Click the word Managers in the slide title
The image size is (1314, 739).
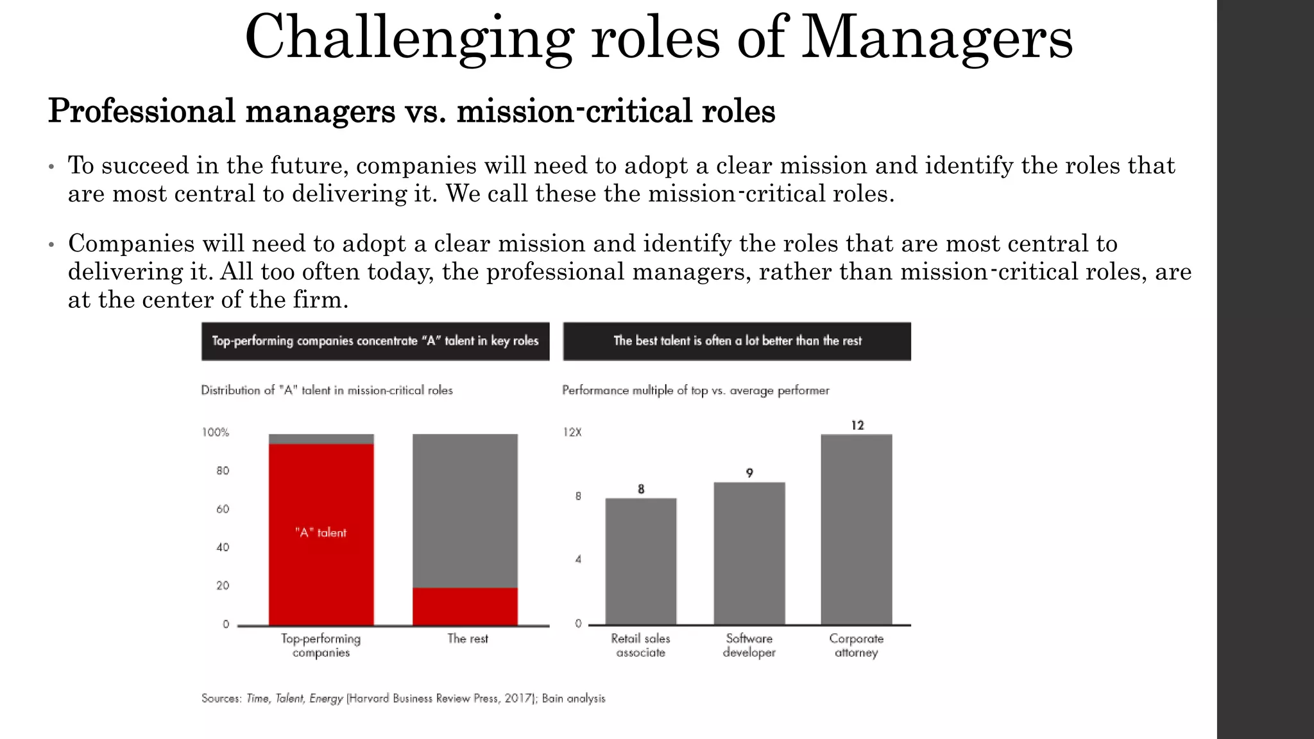pyautogui.click(x=937, y=38)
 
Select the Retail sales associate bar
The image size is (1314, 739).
pyautogui.click(x=640, y=561)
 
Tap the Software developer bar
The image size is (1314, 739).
pyautogui.click(x=749, y=553)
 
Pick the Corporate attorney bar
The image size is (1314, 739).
pyautogui.click(x=856, y=529)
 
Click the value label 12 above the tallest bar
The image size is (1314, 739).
pyautogui.click(x=857, y=425)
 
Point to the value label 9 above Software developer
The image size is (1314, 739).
pyautogui.click(x=749, y=473)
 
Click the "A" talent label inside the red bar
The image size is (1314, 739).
pyautogui.click(x=321, y=532)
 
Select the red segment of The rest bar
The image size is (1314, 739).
pyautogui.click(x=465, y=606)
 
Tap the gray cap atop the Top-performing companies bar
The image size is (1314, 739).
pyautogui.click(x=321, y=439)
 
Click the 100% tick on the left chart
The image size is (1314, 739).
pyautogui.click(x=216, y=432)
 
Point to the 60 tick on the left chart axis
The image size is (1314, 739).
pyautogui.click(x=222, y=509)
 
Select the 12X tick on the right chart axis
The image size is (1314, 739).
pyautogui.click(x=572, y=432)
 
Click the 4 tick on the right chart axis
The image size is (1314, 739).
pyautogui.click(x=578, y=559)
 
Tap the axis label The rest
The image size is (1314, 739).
pyautogui.click(x=467, y=639)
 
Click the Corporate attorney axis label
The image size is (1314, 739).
pyautogui.click(x=856, y=645)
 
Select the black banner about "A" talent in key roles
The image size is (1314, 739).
pyautogui.click(x=375, y=341)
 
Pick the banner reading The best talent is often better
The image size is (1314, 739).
pyautogui.click(x=737, y=341)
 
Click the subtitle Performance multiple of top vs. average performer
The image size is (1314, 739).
pyautogui.click(x=695, y=390)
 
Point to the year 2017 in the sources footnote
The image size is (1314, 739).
pyautogui.click(x=518, y=698)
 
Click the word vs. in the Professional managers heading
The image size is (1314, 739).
pyautogui.click(x=425, y=111)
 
